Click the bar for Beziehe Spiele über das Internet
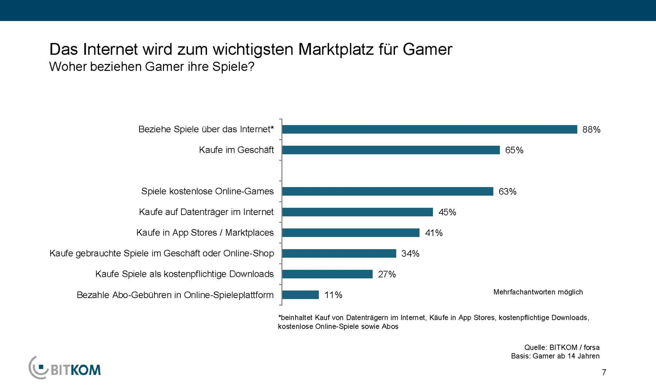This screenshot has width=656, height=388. (x=429, y=129)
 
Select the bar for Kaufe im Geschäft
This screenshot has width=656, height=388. (x=391, y=150)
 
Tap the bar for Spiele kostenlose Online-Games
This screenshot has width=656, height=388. (x=388, y=191)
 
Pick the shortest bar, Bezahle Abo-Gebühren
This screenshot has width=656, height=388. (x=301, y=295)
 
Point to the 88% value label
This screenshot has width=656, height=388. (x=591, y=130)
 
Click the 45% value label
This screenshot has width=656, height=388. (x=447, y=212)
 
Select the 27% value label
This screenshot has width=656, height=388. (x=387, y=274)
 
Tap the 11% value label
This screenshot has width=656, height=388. (x=333, y=295)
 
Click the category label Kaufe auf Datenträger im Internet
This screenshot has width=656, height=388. (x=206, y=212)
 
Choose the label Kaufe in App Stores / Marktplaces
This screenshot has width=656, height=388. (x=205, y=233)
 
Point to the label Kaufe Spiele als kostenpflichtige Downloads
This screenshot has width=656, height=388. (x=184, y=274)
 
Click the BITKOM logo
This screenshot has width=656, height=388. (x=65, y=368)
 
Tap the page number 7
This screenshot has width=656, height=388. (x=604, y=372)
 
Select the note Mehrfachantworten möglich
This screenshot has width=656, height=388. (x=538, y=292)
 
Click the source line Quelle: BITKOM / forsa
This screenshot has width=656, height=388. (x=562, y=347)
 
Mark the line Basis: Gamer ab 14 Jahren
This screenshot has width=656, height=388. (x=555, y=356)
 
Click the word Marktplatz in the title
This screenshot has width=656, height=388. (x=336, y=50)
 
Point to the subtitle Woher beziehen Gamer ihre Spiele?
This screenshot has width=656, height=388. (x=152, y=67)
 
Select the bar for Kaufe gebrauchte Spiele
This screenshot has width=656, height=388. (x=339, y=253)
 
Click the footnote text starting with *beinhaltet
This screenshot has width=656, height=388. (x=433, y=318)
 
